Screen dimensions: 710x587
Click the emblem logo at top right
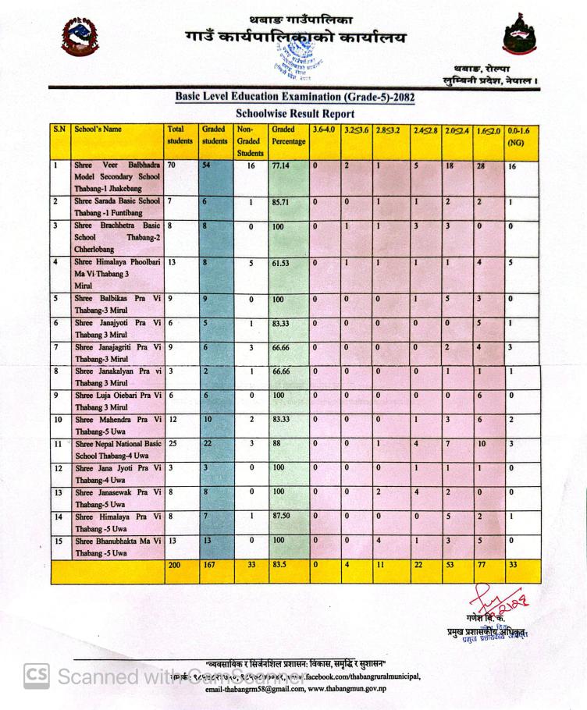point(519,35)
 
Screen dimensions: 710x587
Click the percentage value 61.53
point(280,264)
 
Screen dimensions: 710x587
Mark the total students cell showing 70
point(172,166)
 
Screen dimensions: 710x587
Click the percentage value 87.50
point(282,517)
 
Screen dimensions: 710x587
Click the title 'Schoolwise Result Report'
point(294,114)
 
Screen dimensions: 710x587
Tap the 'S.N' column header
point(59,130)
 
